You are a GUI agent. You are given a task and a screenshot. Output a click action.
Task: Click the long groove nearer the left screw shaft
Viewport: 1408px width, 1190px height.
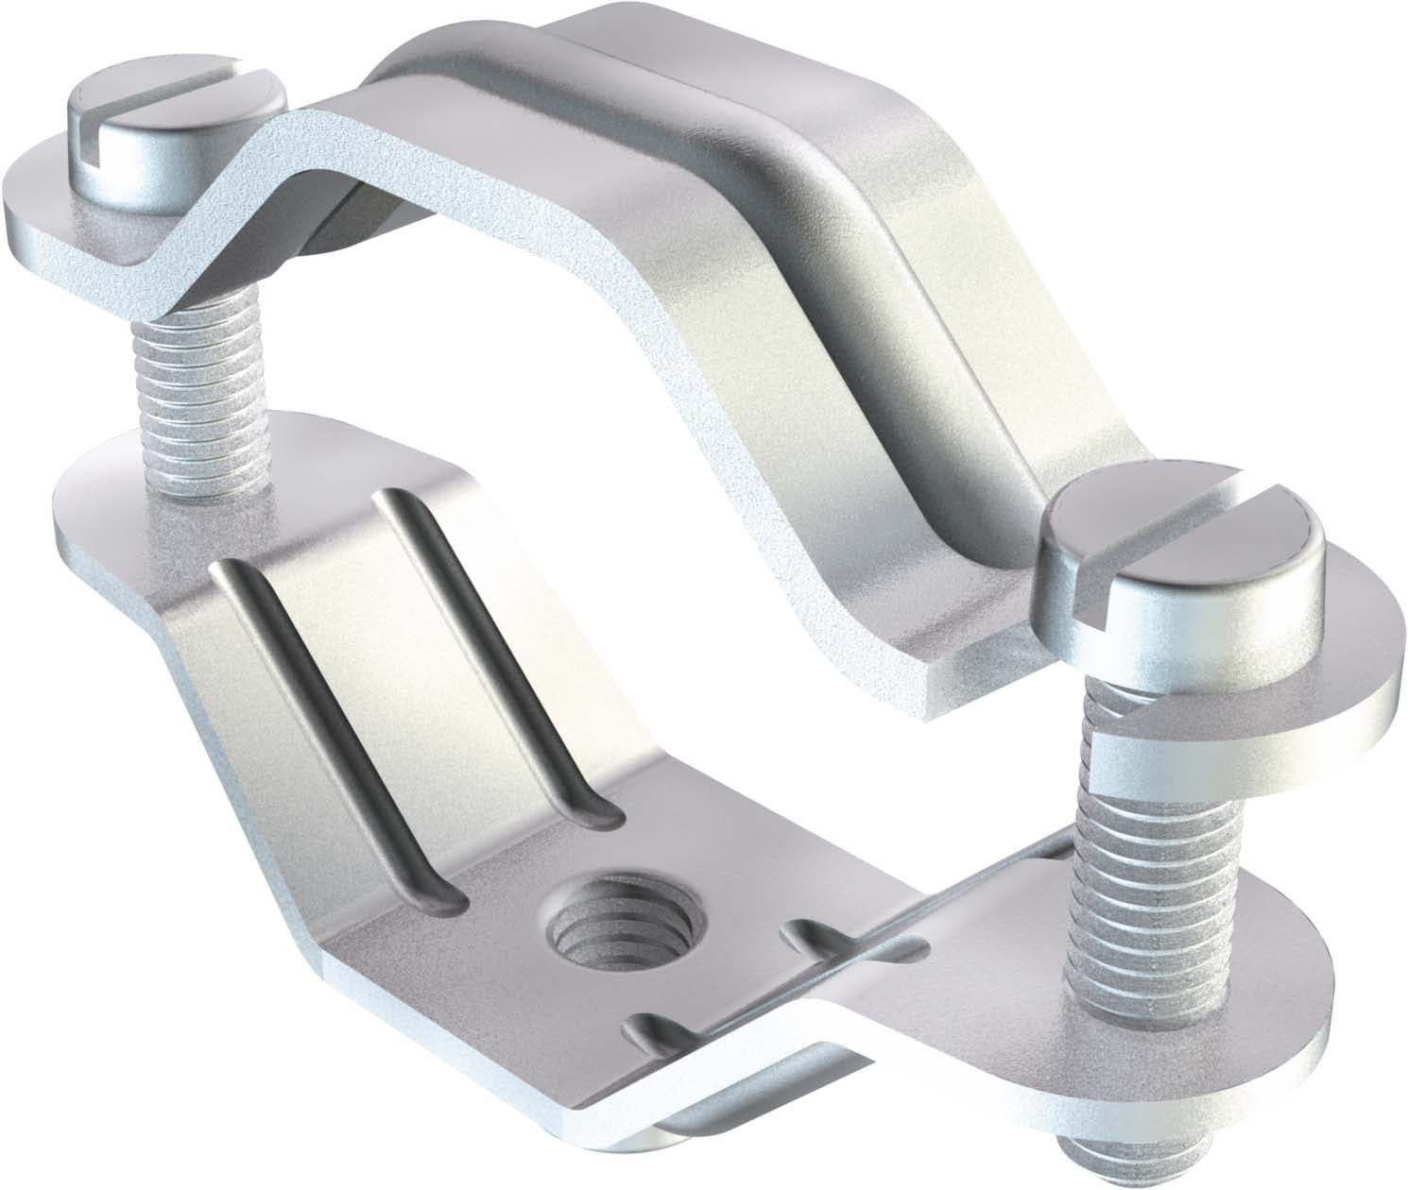[x=491, y=652]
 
